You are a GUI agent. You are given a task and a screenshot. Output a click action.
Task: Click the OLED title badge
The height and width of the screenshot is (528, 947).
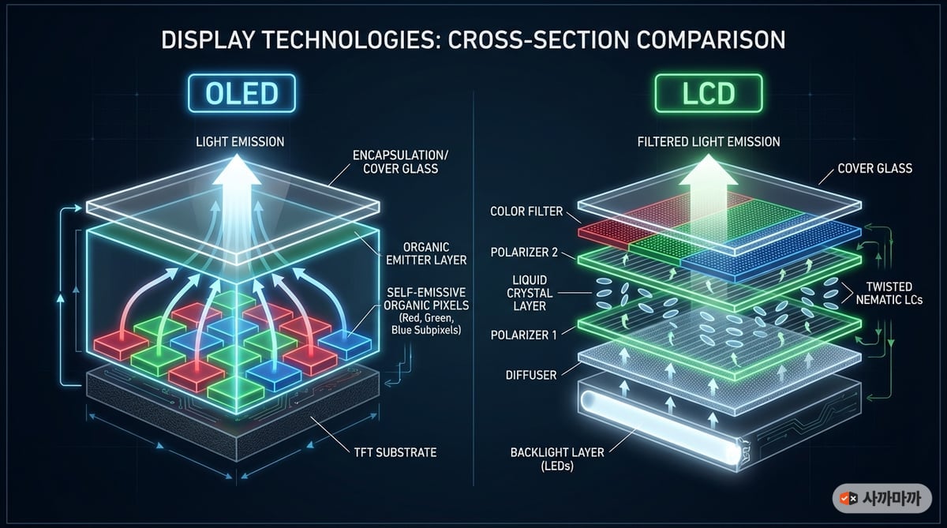click(x=241, y=93)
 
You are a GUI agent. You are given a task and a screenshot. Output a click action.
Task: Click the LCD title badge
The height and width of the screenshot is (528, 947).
click(x=709, y=93)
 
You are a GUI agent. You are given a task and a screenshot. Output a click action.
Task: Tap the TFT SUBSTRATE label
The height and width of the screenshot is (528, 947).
click(x=395, y=452)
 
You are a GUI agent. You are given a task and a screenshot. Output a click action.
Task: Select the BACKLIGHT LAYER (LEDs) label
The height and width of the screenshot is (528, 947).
click(x=557, y=459)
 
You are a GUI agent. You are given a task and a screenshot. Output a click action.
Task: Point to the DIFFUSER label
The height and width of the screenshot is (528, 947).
click(x=531, y=375)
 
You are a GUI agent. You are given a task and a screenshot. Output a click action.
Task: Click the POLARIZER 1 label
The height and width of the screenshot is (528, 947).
click(x=523, y=335)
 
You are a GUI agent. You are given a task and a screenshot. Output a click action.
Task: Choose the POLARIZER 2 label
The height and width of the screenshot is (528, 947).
click(x=524, y=253)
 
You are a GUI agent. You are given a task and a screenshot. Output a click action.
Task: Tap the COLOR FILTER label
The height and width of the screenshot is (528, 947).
click(x=526, y=212)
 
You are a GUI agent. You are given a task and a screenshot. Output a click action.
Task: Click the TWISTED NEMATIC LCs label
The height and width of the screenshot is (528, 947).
click(x=889, y=294)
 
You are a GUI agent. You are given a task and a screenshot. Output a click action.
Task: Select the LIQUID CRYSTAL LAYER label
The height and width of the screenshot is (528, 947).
click(x=530, y=293)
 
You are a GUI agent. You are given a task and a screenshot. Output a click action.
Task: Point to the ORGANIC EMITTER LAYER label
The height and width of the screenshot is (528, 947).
click(x=426, y=253)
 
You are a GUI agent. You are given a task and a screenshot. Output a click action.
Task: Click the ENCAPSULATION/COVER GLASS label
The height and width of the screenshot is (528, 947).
click(x=400, y=162)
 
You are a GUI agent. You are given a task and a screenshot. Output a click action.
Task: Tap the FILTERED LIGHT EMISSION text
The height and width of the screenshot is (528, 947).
click(x=709, y=141)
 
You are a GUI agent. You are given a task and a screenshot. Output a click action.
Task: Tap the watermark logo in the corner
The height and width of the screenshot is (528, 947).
click(x=882, y=499)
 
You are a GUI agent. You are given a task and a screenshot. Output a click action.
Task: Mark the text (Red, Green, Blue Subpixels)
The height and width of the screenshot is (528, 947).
click(x=426, y=324)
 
